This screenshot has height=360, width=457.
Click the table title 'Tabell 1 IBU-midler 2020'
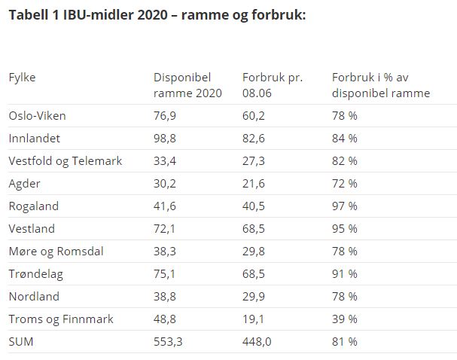(x=88, y=15)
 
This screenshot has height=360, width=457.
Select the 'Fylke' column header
(x=22, y=78)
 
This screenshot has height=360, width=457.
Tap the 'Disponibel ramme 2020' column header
(x=187, y=85)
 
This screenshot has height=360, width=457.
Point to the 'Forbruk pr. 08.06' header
(x=273, y=85)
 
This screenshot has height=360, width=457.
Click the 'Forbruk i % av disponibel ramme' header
(x=381, y=85)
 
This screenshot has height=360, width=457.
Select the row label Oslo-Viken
(x=38, y=116)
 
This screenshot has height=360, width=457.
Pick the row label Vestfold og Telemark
(x=66, y=161)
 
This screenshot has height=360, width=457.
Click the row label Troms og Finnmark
(x=61, y=319)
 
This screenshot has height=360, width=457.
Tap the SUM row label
(x=21, y=342)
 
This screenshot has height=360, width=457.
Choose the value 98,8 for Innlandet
(x=165, y=139)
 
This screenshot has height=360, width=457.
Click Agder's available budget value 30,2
(x=165, y=184)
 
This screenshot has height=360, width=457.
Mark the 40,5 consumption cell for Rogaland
(x=254, y=206)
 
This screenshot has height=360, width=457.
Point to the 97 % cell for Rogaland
(x=345, y=206)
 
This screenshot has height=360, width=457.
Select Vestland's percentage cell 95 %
(x=345, y=228)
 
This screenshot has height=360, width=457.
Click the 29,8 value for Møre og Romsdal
(x=254, y=252)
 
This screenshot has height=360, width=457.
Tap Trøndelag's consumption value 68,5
(x=254, y=274)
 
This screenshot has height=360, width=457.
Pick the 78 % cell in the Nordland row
(x=345, y=297)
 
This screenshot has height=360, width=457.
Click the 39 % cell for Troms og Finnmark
(x=345, y=319)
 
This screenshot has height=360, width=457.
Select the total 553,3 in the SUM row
(x=168, y=342)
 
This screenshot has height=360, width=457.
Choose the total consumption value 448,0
(x=257, y=342)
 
